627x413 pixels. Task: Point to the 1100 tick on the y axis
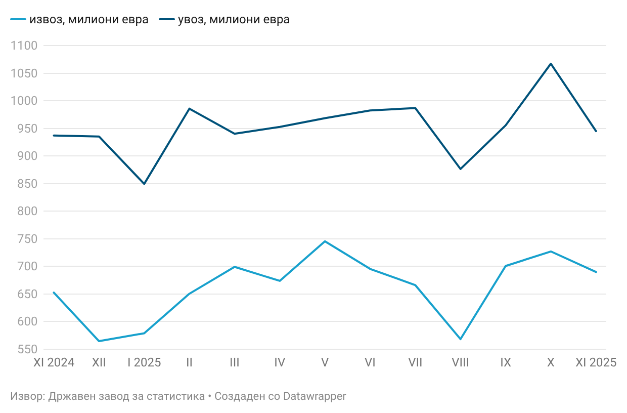coord(24,46)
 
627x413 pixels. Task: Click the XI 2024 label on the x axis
coord(54,363)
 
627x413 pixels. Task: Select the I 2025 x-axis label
coord(144,363)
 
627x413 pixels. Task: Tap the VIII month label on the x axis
coord(460,363)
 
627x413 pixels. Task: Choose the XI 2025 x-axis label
coord(596,363)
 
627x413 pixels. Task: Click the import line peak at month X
coord(551,63)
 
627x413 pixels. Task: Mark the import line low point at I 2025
coord(144,184)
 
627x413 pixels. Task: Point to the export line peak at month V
coord(325,241)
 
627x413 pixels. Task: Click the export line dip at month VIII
coord(460,339)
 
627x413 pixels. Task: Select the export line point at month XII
coord(99,341)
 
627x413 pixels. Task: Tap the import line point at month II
coord(189,108)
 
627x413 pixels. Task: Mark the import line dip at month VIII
coord(460,169)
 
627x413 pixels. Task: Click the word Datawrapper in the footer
coord(315,396)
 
